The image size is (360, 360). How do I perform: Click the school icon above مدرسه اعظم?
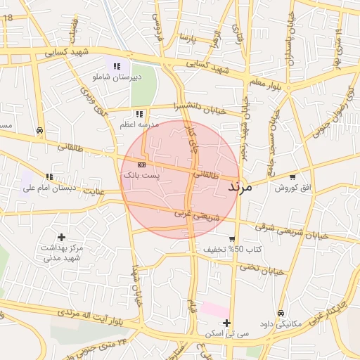tap(139, 113)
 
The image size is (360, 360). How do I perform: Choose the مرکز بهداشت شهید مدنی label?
tap(63, 253)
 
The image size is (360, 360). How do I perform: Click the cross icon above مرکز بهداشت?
tap(62, 238)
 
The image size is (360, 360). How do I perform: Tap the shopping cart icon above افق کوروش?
tap(292, 176)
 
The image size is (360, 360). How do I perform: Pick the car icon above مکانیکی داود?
tap(281, 313)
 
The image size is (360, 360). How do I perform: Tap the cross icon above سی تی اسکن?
tap(227, 323)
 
